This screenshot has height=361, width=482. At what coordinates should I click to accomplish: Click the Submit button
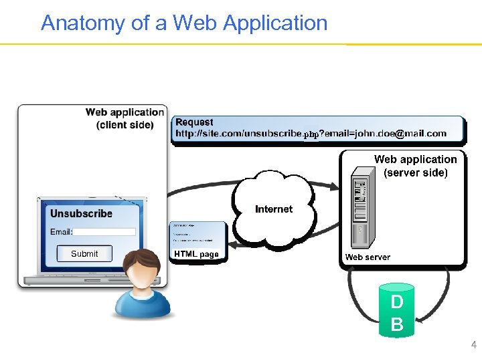coord(84,253)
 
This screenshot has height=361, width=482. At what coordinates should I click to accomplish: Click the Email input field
coord(104,232)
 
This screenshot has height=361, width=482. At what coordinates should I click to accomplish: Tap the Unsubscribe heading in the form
coord(81,214)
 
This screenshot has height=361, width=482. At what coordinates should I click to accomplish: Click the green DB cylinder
coord(396,310)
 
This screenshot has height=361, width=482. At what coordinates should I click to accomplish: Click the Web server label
coord(368,257)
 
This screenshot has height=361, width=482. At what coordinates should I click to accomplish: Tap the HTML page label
coord(196,254)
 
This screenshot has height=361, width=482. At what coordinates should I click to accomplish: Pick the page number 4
coord(474,345)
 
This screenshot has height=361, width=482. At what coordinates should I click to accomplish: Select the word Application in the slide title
coord(275,23)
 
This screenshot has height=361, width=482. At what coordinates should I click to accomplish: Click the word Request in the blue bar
coord(194,122)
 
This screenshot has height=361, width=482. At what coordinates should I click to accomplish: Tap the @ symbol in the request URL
coord(400,134)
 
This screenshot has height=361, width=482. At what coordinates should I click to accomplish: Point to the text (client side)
coord(125,125)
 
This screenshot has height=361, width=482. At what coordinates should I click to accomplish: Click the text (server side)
coord(416,172)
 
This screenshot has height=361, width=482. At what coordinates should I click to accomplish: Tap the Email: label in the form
coord(61,232)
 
